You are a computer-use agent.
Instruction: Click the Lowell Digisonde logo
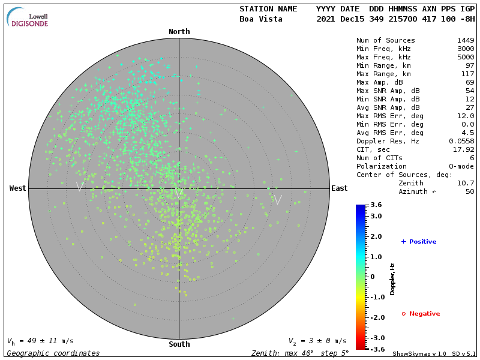28,17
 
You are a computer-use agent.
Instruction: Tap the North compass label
179,32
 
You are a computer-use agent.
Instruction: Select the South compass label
179,344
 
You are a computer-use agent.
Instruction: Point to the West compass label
18,188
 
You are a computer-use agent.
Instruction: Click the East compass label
339,188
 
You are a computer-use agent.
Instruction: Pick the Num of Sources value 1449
466,41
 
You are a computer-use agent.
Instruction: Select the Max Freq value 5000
466,58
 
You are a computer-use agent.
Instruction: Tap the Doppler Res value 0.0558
461,141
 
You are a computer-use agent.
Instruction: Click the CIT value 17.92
465,149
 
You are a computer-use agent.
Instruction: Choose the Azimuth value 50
470,191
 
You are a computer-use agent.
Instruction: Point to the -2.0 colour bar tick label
376,317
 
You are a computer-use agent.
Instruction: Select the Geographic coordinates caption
53,353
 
